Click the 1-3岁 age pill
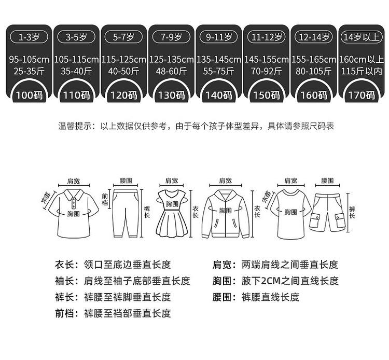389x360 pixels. tap(29, 37)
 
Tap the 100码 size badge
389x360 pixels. tap(29, 94)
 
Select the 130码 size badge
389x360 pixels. tap(171, 94)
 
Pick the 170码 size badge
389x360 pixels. tap(362, 94)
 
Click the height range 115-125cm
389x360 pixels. tap(123, 60)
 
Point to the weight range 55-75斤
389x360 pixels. tap(218, 71)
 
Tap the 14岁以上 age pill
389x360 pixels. tap(362, 37)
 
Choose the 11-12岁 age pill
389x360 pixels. tap(267, 37)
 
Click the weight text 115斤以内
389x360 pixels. tap(362, 71)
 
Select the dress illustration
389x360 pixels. tap(172, 213)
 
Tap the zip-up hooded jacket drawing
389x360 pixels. tap(225, 214)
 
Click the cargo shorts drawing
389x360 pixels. tap(327, 212)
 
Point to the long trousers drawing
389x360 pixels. tap(126, 213)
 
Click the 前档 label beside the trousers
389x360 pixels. tap(105, 200)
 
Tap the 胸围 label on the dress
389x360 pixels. tap(172, 204)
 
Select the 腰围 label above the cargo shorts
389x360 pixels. tap(327, 181)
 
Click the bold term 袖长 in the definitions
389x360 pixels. tap(64, 281)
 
